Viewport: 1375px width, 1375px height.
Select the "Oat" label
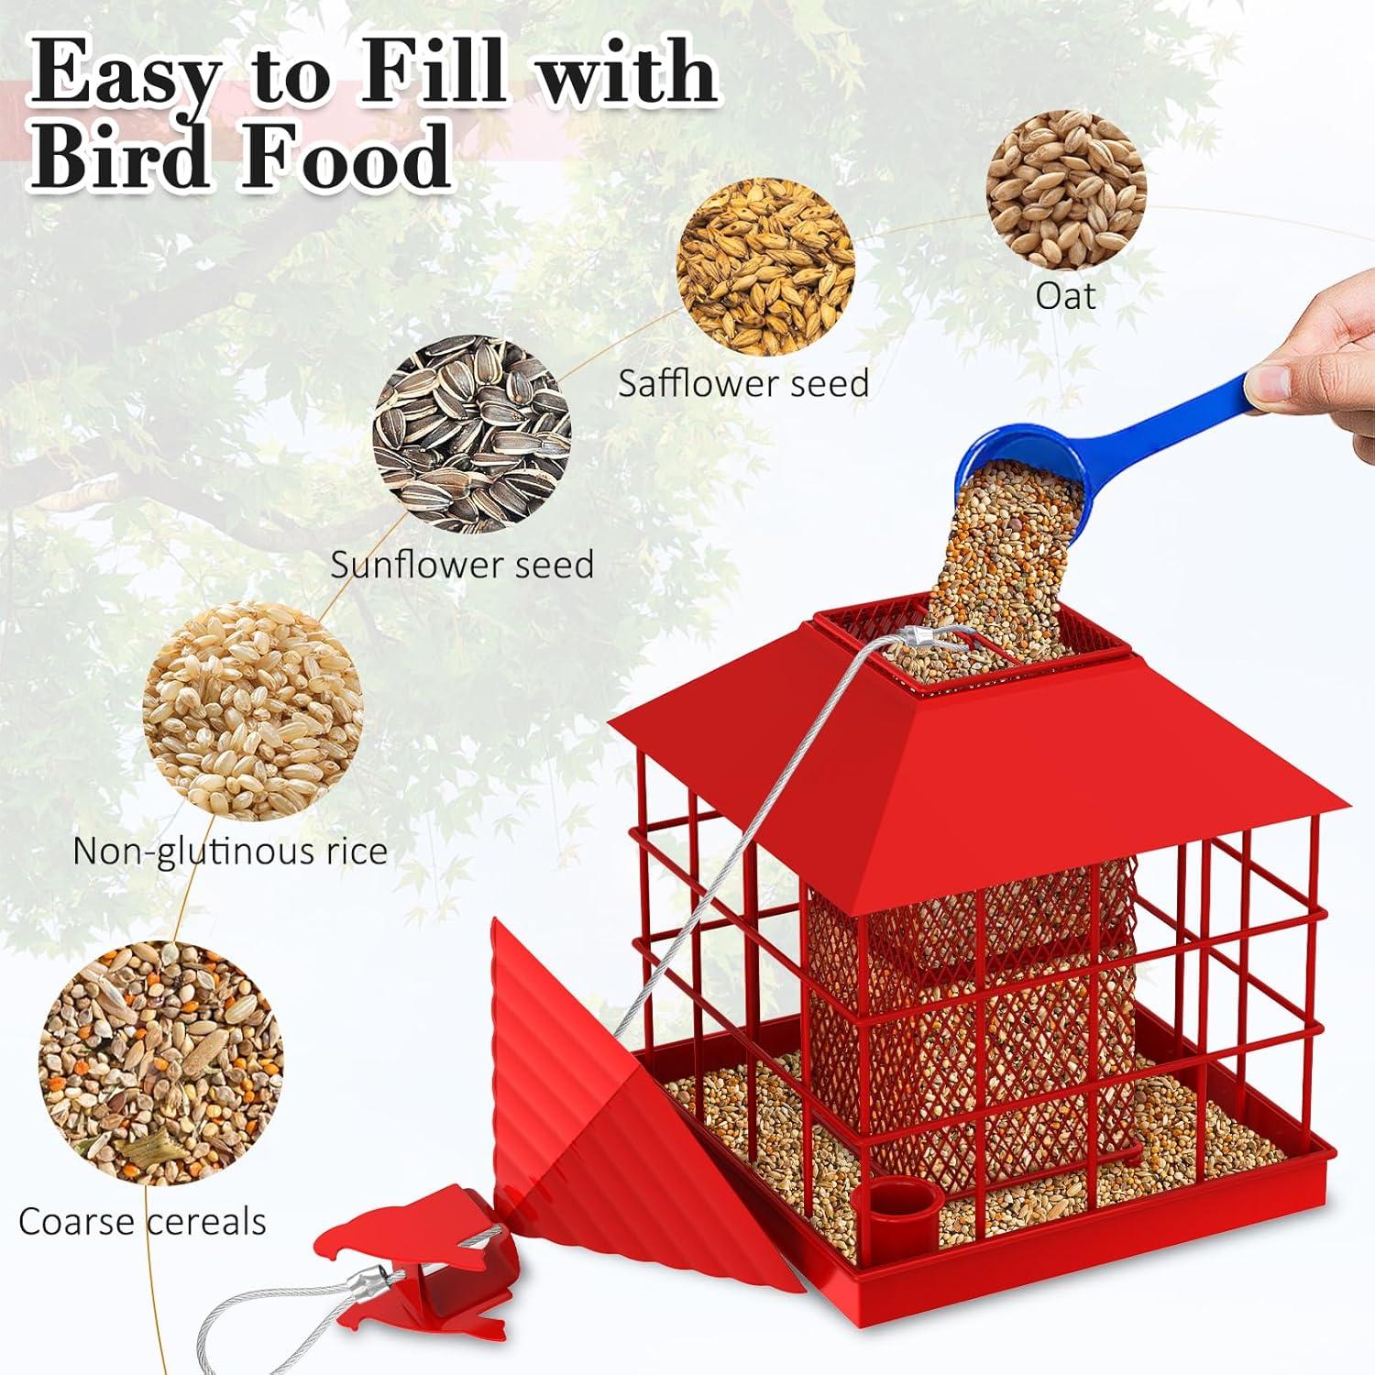(1065, 296)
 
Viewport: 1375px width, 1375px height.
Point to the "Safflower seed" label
(743, 383)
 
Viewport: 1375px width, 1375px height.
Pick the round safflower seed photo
(765, 267)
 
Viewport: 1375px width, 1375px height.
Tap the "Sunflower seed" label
(462, 564)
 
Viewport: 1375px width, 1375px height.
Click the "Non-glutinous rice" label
(230, 851)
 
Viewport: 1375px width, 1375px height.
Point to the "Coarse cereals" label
(142, 1222)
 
